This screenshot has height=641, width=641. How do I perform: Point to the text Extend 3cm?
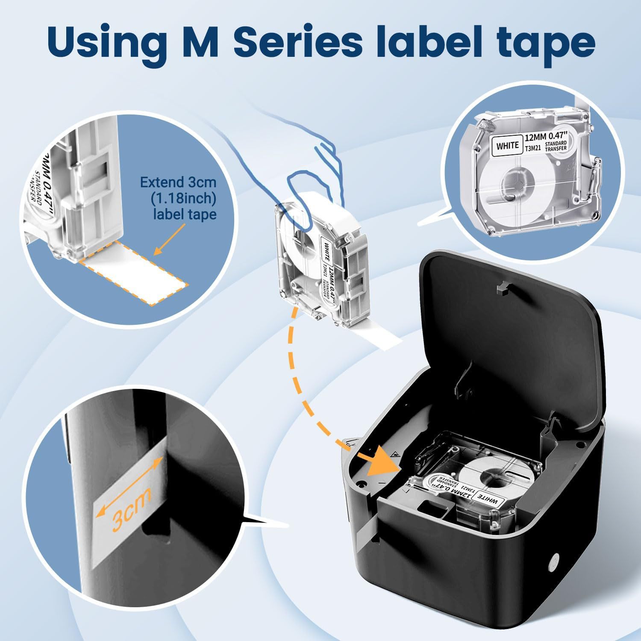click(178, 183)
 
